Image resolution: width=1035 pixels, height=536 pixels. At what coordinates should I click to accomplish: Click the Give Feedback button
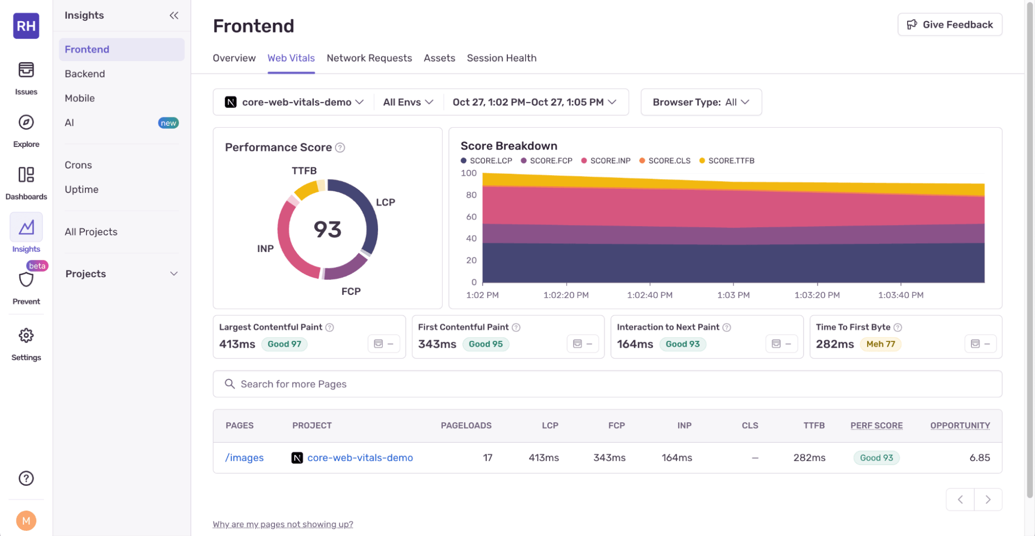950,25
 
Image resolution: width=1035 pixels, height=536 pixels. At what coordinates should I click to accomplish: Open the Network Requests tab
369,58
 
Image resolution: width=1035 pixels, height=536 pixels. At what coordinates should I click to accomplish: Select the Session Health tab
501,58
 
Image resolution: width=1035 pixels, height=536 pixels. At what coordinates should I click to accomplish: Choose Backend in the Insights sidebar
85,74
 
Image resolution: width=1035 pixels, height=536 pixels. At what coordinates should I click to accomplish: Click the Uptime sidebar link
81,189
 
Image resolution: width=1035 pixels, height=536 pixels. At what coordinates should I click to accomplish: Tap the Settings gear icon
26,336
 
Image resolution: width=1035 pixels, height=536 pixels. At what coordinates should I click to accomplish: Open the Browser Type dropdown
701,102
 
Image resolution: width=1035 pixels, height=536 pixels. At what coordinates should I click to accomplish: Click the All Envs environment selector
408,102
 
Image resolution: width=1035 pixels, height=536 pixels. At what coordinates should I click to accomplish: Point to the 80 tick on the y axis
471,195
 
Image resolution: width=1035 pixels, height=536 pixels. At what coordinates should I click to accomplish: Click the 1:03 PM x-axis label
733,295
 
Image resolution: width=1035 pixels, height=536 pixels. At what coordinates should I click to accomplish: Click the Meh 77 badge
880,344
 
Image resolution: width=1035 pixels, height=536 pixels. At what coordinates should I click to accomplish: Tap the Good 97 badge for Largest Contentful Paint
284,344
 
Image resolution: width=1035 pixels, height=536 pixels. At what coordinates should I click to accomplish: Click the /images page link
244,458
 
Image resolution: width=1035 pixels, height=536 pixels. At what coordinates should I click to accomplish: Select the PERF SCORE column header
876,425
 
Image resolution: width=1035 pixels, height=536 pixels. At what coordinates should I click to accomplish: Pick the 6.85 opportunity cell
979,458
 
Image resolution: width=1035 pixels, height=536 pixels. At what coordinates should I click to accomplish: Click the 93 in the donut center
327,229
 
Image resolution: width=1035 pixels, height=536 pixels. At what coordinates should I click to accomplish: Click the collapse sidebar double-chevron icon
174,16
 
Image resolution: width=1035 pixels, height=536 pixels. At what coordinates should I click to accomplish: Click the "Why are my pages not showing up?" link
283,524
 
